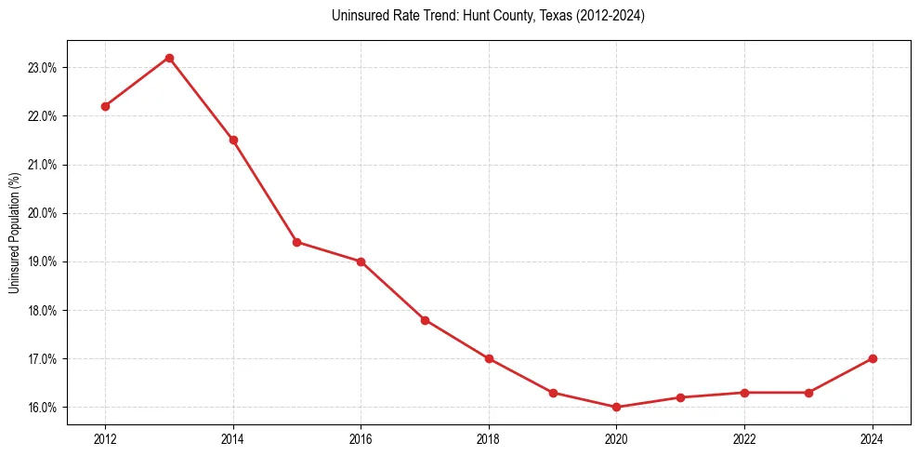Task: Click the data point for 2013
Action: [x=169, y=58]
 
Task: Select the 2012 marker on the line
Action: [x=105, y=106]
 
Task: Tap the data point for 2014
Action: [x=233, y=140]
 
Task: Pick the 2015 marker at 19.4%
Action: [x=297, y=242]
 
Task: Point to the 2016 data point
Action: [x=361, y=262]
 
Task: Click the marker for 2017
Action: [x=425, y=320]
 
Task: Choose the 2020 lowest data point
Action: [x=616, y=407]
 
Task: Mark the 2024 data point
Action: [x=873, y=358]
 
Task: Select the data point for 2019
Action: [x=553, y=393]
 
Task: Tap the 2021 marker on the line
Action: [x=680, y=397]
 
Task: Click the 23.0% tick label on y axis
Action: [x=45, y=68]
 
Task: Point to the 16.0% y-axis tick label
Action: [x=45, y=408]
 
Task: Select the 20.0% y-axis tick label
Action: [x=45, y=213]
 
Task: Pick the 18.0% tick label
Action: [x=45, y=311]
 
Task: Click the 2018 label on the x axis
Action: [x=489, y=438]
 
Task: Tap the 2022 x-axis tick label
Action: [x=744, y=438]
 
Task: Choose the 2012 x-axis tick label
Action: [x=105, y=438]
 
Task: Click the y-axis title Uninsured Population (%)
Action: [x=14, y=233]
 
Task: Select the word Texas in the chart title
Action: [x=556, y=16]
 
